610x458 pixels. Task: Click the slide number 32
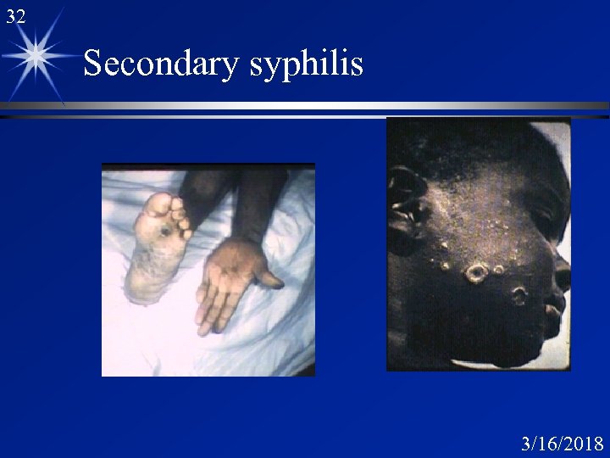15,15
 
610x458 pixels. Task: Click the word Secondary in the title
161,64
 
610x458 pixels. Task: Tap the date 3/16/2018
563,444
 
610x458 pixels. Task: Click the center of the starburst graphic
36,55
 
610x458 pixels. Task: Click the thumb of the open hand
269,276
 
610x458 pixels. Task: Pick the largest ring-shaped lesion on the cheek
477,273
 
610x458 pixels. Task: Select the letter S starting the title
94,64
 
